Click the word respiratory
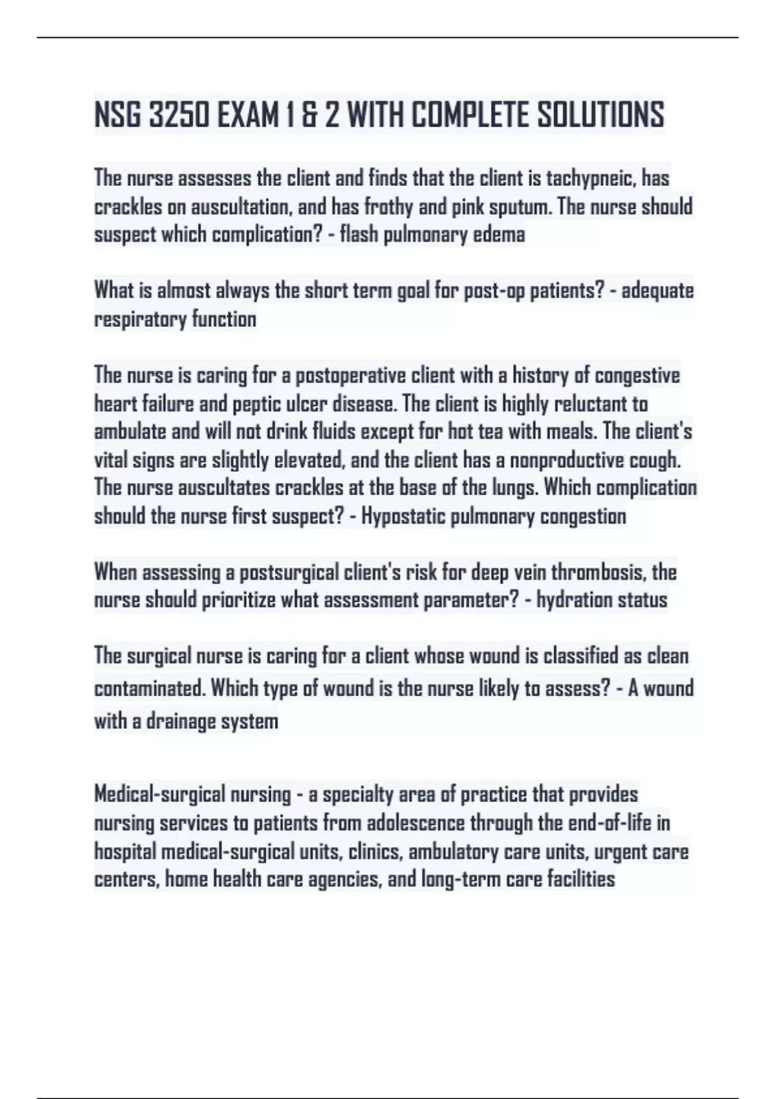point(133,319)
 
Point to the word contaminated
point(149,688)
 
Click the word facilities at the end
point(581,880)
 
